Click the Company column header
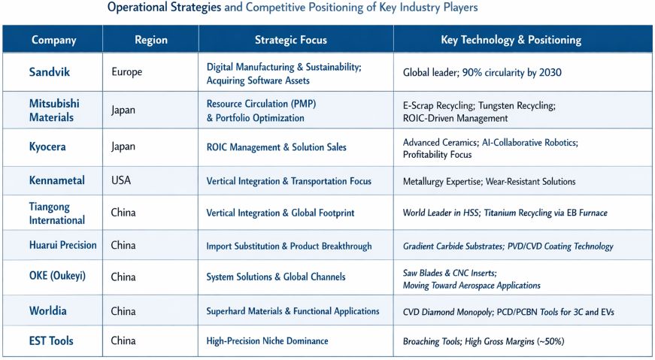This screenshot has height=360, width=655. (53, 40)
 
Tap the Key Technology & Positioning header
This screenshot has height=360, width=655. (511, 40)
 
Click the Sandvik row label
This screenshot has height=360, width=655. (50, 73)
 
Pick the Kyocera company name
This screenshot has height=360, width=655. (47, 147)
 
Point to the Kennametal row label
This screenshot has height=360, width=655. (56, 181)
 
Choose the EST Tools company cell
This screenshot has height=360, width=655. (51, 341)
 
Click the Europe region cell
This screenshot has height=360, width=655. (126, 73)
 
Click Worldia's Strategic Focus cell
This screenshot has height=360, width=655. (293, 311)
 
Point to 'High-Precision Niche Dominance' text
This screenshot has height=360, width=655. (267, 341)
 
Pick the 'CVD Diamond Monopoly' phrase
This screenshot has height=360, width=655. (446, 311)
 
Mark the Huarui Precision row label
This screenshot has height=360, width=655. (62, 245)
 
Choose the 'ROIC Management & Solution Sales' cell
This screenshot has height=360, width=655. (276, 147)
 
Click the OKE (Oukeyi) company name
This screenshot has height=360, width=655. (57, 276)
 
